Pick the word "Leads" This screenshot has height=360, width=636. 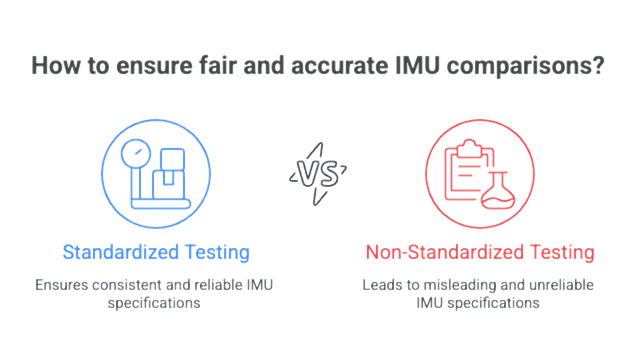point(378,286)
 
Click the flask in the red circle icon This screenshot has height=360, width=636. point(501,190)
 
